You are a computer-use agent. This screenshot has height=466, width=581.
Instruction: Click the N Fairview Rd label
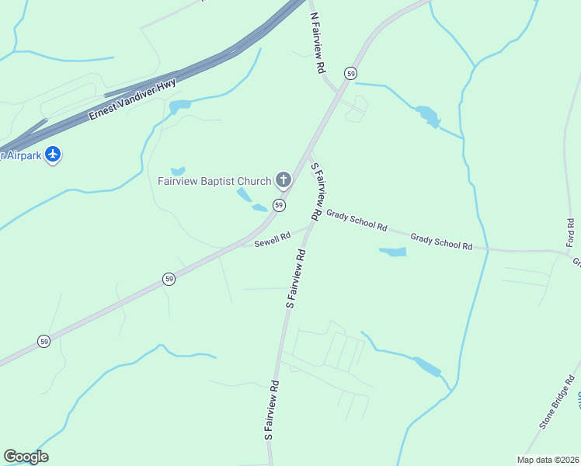point(318,43)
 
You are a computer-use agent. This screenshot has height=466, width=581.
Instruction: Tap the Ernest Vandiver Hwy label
point(133,99)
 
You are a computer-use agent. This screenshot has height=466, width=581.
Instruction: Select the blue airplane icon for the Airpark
point(53,155)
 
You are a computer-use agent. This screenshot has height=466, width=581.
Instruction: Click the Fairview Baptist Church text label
point(214,182)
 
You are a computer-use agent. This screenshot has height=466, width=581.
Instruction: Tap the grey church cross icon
point(284,182)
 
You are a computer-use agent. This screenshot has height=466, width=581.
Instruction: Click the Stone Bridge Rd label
point(559,402)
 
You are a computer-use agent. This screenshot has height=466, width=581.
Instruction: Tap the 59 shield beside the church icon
point(279,205)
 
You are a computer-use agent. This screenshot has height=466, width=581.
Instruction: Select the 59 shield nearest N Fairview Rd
point(352,73)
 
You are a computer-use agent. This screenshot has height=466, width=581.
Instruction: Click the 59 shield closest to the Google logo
point(44,341)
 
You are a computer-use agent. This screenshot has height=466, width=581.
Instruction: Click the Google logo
point(26,457)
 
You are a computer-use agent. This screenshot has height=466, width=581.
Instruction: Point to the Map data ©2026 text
point(548,459)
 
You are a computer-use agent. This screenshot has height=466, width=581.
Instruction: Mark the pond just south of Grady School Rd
point(392,252)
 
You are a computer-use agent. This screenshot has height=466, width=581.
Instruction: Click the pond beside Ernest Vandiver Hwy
point(179,106)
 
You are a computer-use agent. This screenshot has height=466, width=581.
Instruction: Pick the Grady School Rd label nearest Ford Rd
point(441,241)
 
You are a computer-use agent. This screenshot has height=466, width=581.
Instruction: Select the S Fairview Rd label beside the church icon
point(317,190)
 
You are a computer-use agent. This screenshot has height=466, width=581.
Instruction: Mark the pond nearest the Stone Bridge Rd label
point(427,366)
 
